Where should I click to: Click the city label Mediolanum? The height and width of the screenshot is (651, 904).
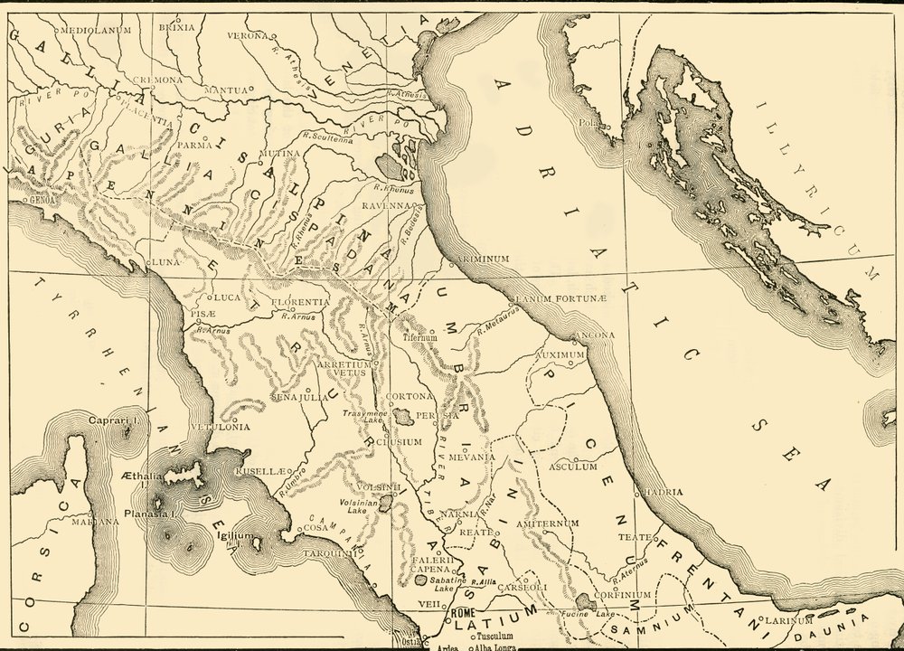(96, 30)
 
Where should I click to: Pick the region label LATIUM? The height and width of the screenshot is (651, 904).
(477, 625)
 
